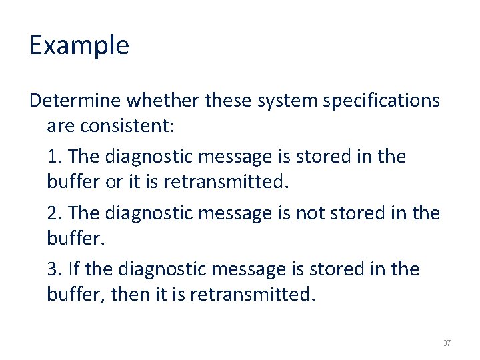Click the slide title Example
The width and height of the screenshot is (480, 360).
[79, 45]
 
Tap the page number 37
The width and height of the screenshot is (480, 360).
[447, 343]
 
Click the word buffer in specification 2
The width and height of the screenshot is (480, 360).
[72, 237]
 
